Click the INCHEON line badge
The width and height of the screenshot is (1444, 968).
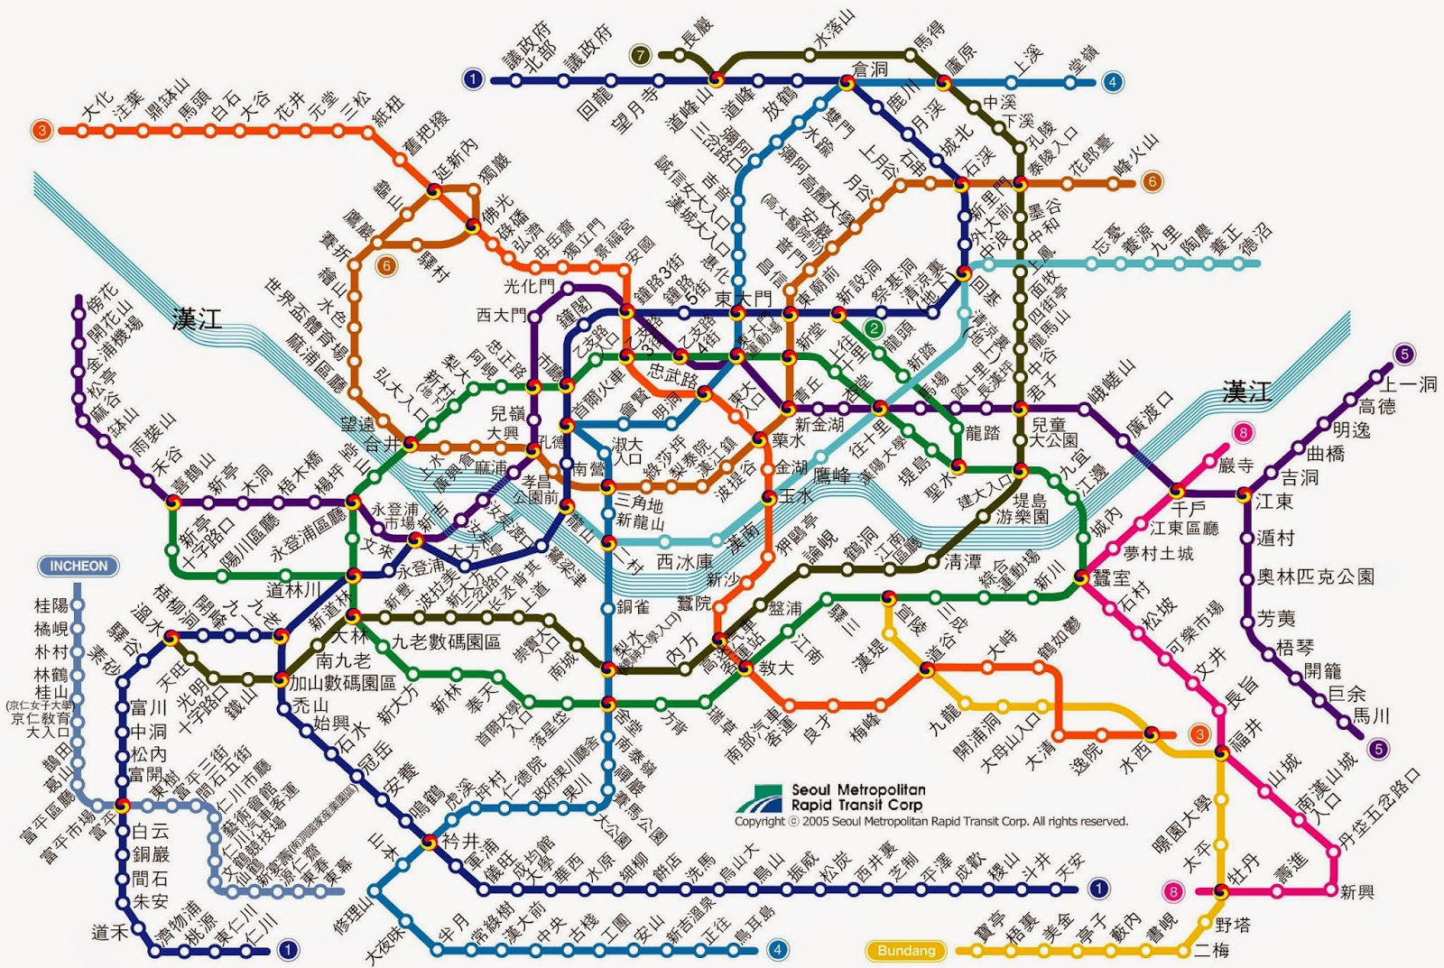pos(79,567)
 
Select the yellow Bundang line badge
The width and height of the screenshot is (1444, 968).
pos(906,950)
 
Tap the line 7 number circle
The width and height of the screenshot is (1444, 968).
pos(640,55)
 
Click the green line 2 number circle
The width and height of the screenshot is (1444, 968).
pos(874,328)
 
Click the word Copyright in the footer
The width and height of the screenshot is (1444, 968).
pos(759,822)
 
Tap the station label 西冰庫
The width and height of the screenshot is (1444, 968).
pos(684,562)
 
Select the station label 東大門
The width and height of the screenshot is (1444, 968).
pos(744,298)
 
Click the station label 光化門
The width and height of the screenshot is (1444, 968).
pos(529,287)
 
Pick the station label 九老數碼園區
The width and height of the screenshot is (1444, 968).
pos(446,642)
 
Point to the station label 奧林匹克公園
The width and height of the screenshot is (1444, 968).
pos(1316,576)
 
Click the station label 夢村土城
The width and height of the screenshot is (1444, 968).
pos(1159,553)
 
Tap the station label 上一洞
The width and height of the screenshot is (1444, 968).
pos(1409,384)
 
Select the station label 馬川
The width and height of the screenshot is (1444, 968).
pos(1371,716)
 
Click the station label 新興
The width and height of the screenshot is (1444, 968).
pos(1356,892)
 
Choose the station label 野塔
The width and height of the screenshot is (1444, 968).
pos(1233,925)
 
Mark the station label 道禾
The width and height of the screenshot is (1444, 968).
pos(110,933)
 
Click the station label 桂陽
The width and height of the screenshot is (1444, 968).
pos(51,605)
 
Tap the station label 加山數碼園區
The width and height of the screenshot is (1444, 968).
pos(343,683)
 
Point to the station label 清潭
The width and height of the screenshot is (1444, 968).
pos(962,562)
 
